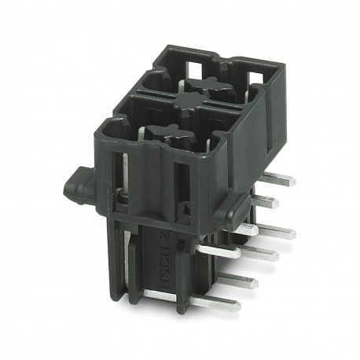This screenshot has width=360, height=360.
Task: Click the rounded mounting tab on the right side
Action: tap(229, 208)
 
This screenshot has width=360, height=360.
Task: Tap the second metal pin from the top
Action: tap(267, 202)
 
